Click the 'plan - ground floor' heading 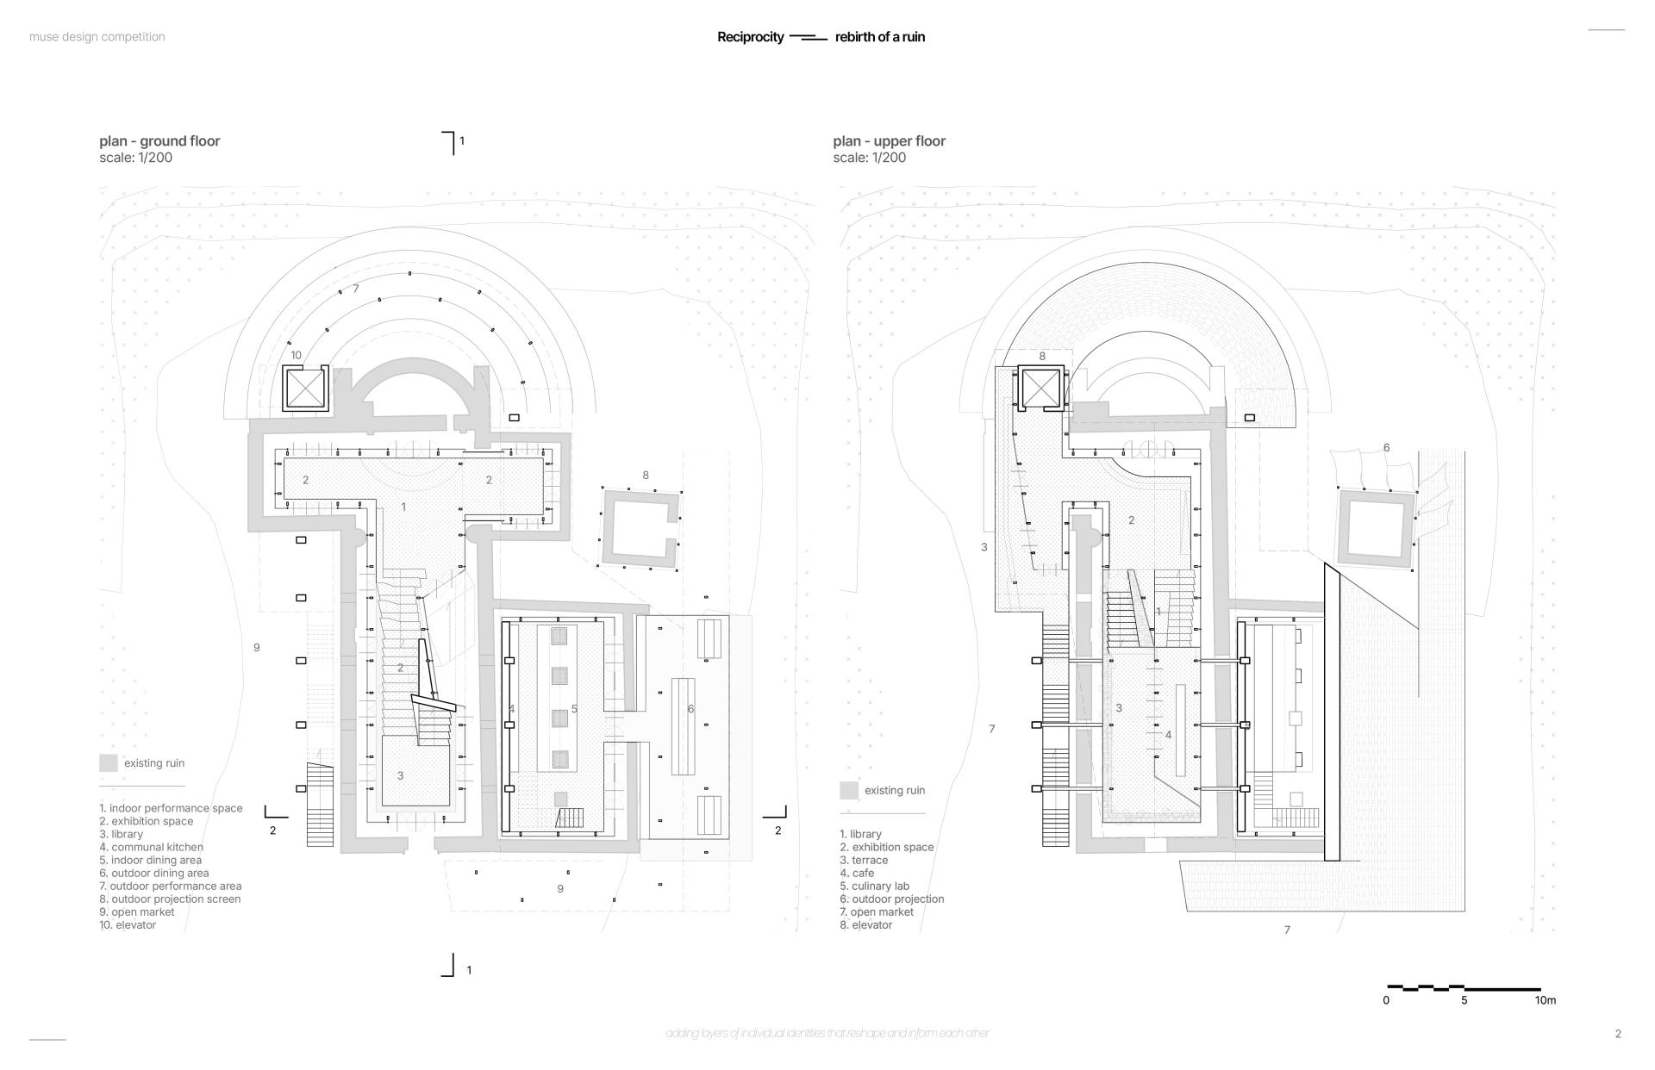tap(159, 141)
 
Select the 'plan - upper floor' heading tap(889, 141)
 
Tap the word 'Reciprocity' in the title tap(750, 37)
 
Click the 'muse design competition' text tap(97, 37)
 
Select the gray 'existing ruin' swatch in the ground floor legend tap(108, 763)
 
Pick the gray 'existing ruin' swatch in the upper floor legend tap(849, 791)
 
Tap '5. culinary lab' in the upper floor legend tap(874, 886)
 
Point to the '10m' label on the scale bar tap(1545, 1001)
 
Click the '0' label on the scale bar tap(1386, 1001)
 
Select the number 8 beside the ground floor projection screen tap(646, 476)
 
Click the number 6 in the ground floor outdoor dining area tap(690, 709)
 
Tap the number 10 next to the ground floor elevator tap(296, 355)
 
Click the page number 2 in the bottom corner tap(1618, 1034)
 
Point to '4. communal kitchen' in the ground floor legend tap(151, 848)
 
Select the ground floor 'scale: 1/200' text tap(135, 158)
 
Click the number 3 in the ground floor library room tap(400, 776)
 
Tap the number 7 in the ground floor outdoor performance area tap(355, 289)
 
